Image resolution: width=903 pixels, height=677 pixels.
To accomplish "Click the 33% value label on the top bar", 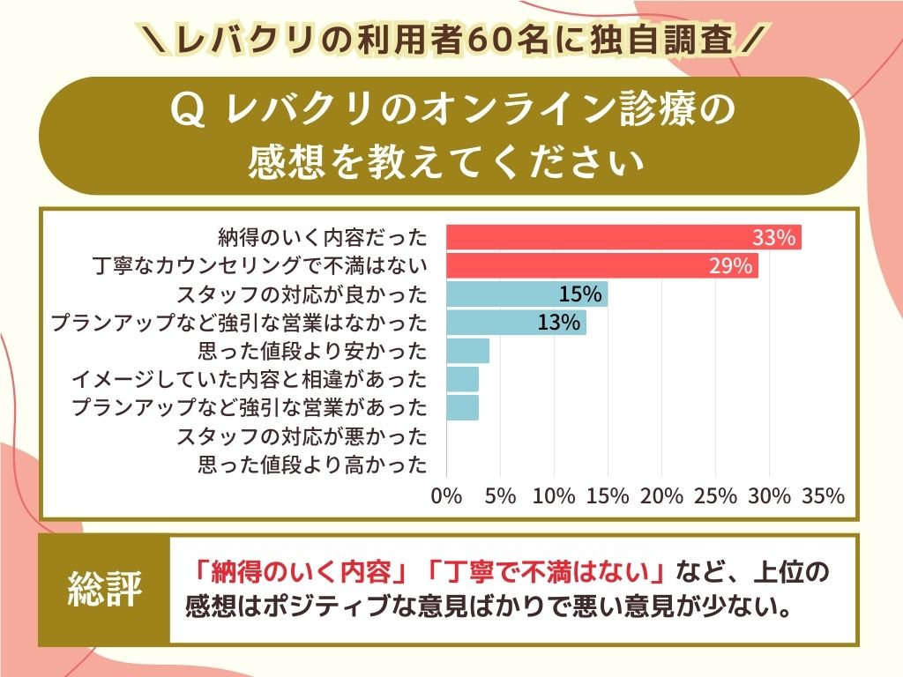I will [775, 238].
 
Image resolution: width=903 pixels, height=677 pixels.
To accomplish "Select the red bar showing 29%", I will [601, 265].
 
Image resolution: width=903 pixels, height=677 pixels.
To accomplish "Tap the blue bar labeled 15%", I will [526, 294].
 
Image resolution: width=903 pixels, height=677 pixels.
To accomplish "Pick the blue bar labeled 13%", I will [516, 323].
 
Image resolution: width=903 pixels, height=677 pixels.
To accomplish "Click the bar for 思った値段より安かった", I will [467, 351].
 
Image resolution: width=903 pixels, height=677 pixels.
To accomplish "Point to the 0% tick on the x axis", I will [447, 496].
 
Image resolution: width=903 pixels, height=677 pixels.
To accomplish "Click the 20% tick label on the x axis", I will [661, 496].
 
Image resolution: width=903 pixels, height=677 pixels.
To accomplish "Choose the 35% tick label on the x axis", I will [824, 496].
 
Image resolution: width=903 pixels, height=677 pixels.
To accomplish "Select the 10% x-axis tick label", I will [554, 496].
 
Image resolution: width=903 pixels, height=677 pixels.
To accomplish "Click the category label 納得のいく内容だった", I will [322, 238].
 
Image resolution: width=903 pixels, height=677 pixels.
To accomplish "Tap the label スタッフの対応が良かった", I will [302, 294].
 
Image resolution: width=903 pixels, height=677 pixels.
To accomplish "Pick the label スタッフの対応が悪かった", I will [302, 436].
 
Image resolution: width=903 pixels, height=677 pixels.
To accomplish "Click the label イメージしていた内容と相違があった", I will [249, 380].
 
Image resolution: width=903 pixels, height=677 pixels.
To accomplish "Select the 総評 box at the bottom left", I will [105, 590].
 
